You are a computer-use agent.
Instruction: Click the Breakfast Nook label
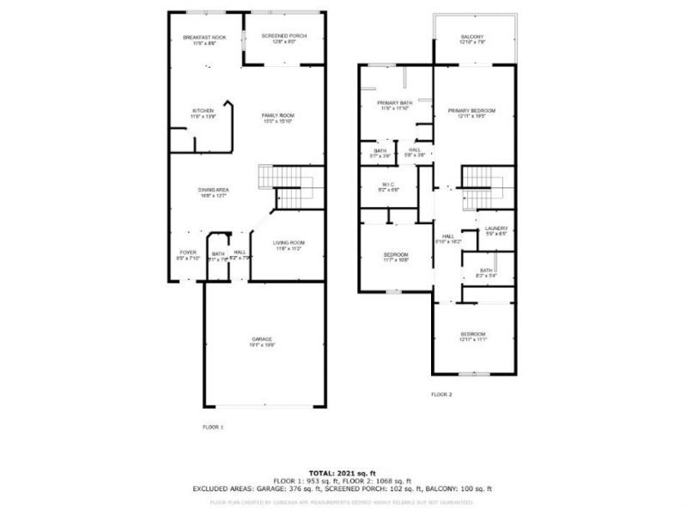(204, 38)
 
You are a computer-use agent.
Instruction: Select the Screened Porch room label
(283, 36)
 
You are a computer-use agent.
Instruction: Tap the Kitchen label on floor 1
(203, 112)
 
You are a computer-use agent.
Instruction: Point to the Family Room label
(278, 116)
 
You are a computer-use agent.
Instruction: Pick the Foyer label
(187, 252)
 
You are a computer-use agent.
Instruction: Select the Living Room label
(289, 243)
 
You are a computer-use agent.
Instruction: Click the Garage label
(262, 339)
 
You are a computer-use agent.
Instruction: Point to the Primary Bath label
(394, 104)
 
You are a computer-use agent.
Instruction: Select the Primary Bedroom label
(471, 111)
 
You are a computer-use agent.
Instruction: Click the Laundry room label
(496, 228)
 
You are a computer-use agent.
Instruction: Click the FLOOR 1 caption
(212, 427)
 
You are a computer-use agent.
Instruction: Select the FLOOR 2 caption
(441, 394)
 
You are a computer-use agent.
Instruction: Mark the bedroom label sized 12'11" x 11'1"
(472, 334)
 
